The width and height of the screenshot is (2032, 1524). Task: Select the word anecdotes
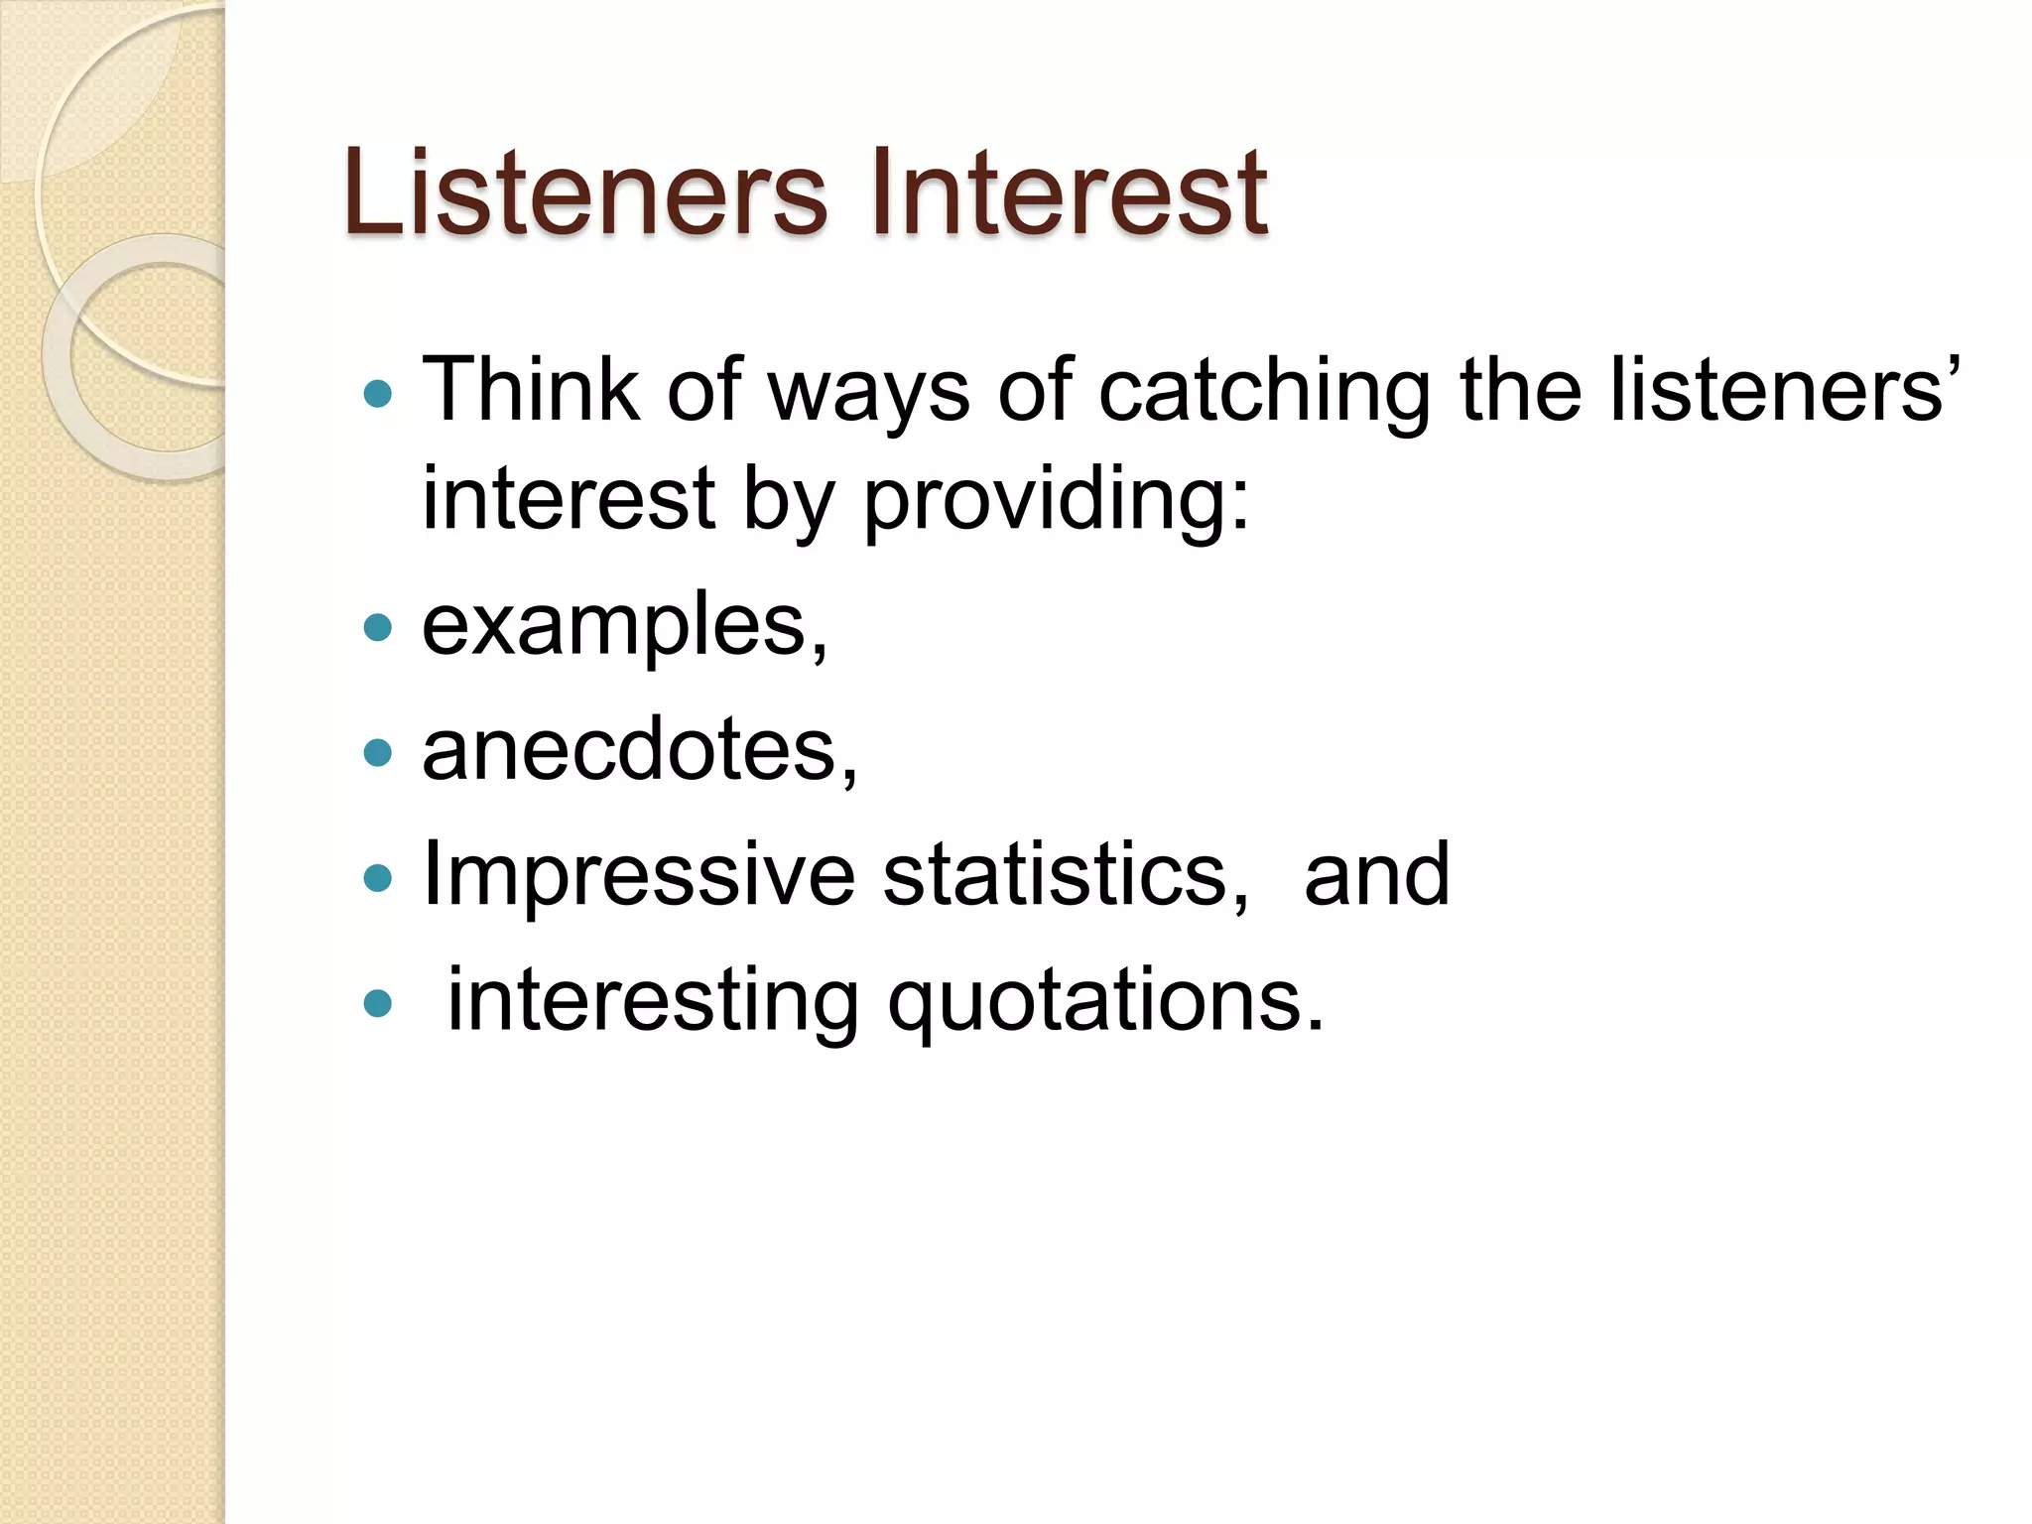tap(640, 750)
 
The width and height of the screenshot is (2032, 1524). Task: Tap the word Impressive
tap(638, 874)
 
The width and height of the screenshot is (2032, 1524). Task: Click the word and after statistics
tap(1376, 874)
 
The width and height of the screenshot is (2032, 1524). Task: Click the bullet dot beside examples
tap(378, 627)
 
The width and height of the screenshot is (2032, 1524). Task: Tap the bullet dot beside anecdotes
tap(378, 752)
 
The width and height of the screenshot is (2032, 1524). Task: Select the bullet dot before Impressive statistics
tap(378, 877)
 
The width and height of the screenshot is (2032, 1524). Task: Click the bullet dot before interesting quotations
tap(378, 1003)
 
